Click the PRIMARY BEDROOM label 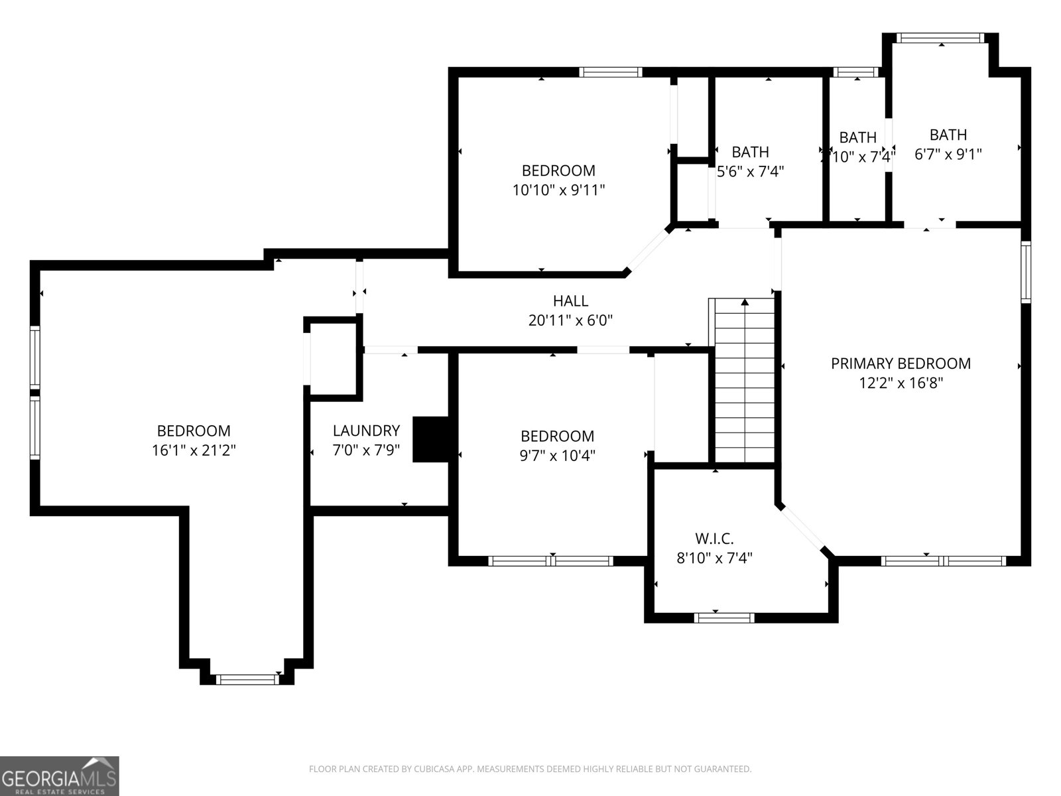pos(901,364)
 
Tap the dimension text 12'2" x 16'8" pos(901,383)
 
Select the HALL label pos(570,301)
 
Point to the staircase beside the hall pos(745,381)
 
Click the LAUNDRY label pos(366,431)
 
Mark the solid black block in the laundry pos(431,439)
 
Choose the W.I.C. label pos(714,538)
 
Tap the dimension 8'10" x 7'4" pos(714,558)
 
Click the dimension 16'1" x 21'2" pos(194,450)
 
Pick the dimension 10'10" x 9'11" pos(558,190)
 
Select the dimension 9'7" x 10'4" pos(557,456)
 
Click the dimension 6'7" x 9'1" pos(948,155)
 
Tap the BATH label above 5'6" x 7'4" pos(750,152)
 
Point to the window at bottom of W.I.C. pos(724,618)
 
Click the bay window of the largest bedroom pos(247,679)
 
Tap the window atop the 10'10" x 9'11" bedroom pos(610,72)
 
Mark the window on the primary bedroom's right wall pos(1026,272)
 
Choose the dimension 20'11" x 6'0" pos(570,320)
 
